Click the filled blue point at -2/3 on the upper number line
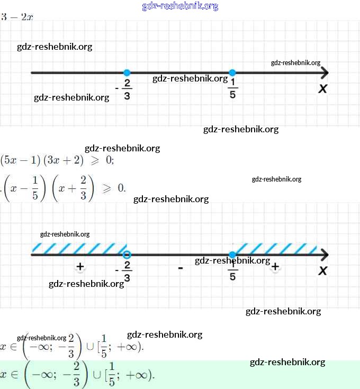tap(127, 73)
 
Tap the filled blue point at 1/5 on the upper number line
tap(232, 73)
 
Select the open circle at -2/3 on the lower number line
tap(127, 255)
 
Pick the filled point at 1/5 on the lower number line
tap(232, 255)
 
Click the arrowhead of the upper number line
tap(324, 73)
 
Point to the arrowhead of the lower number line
tap(324, 255)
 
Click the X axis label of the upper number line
tap(322, 88)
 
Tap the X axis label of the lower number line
tap(322, 271)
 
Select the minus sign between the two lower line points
tap(181, 268)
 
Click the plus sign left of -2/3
tap(80, 267)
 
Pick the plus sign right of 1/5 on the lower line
tap(275, 267)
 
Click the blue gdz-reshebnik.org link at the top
tap(180, 6)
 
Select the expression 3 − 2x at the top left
tap(17, 17)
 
